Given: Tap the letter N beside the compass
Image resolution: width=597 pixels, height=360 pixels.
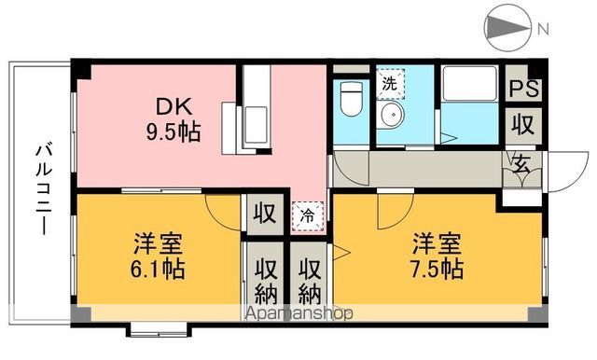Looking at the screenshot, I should pos(543,29).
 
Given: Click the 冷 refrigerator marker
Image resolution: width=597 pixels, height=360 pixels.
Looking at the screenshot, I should pos(307,215).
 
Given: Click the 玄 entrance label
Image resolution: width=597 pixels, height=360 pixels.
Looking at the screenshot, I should pos(521,166).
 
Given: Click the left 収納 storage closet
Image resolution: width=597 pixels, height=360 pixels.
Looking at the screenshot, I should pos(264,278).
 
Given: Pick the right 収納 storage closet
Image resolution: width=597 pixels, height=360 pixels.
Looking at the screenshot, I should pos(309,278).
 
